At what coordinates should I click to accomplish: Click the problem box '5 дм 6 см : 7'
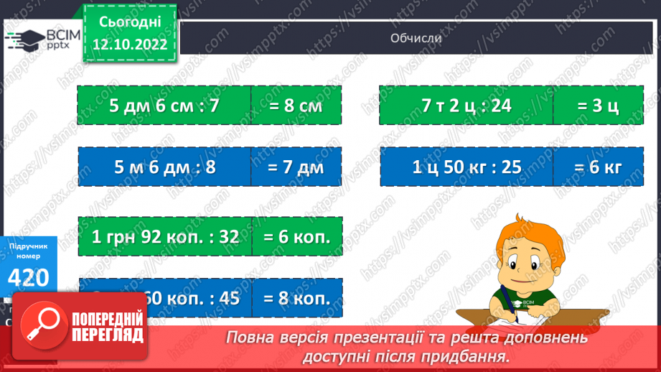[164, 106]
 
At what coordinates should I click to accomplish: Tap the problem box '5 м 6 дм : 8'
[164, 167]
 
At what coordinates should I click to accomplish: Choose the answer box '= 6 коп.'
[296, 236]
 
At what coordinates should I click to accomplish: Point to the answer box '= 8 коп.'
[296, 297]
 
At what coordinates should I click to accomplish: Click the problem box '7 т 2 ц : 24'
[467, 106]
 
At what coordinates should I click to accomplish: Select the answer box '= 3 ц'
[598, 106]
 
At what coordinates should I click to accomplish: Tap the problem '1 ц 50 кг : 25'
[467, 167]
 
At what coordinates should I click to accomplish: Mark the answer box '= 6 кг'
[598, 167]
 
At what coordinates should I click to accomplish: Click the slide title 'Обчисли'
[416, 38]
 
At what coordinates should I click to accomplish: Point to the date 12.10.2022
[130, 44]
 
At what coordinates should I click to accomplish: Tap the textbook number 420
[29, 278]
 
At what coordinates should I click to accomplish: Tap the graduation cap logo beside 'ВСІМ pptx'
[24, 39]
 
